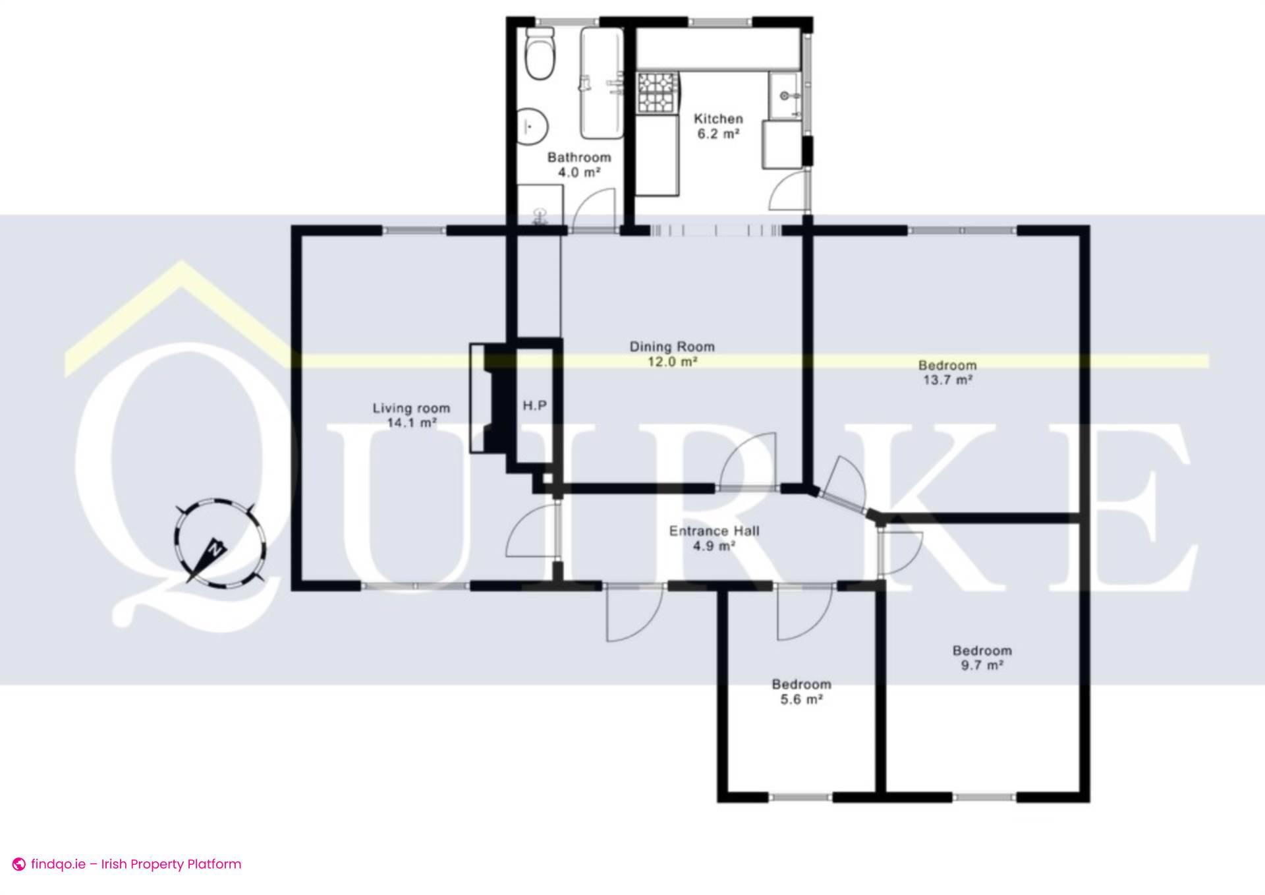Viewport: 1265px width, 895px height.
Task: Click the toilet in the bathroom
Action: click(x=542, y=55)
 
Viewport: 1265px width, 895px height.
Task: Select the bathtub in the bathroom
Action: click(x=602, y=82)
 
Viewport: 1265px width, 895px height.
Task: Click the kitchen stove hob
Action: click(x=657, y=93)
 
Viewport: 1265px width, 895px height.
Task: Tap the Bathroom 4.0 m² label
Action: click(x=579, y=165)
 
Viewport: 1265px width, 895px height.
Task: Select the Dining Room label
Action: click(x=672, y=353)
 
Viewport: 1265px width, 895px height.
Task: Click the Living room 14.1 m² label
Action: click(x=411, y=415)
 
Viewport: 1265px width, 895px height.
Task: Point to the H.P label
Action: click(x=534, y=405)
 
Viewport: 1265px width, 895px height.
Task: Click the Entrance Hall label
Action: click(x=714, y=538)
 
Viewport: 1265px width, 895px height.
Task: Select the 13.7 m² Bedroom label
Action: click(x=947, y=372)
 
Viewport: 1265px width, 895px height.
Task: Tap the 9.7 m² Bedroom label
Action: click(x=982, y=658)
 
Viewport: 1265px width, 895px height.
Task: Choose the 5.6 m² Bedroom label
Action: click(x=801, y=691)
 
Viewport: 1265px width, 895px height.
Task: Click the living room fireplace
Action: click(x=488, y=398)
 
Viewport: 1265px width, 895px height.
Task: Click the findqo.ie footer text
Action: click(x=136, y=864)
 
